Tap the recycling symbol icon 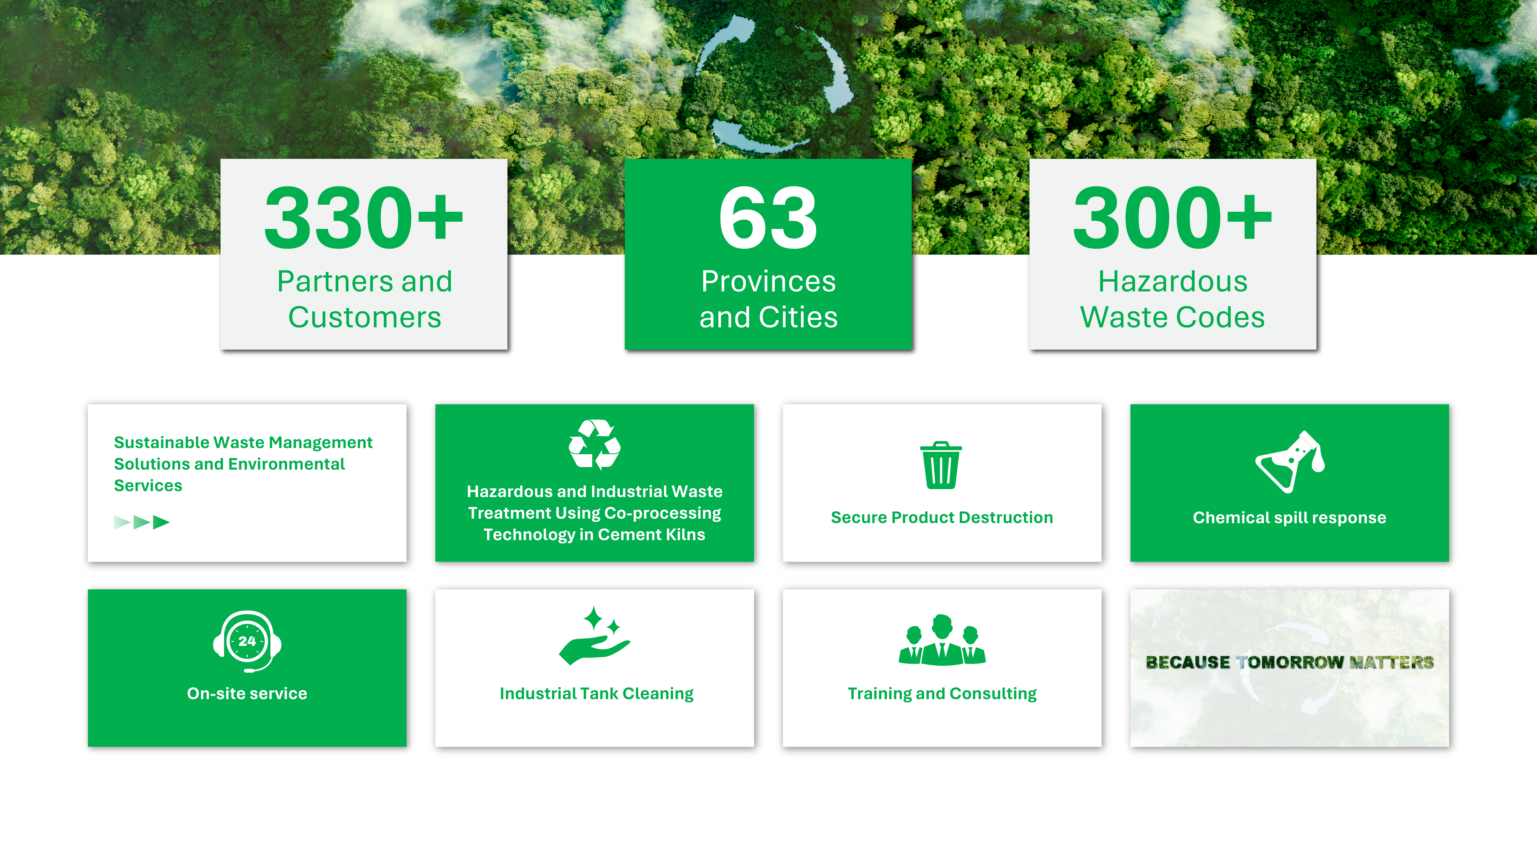[594, 445]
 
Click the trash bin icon [941, 465]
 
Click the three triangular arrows [142, 522]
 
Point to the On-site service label [247, 694]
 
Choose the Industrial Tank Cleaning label [597, 694]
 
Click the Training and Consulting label [942, 694]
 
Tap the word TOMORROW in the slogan [1290, 662]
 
